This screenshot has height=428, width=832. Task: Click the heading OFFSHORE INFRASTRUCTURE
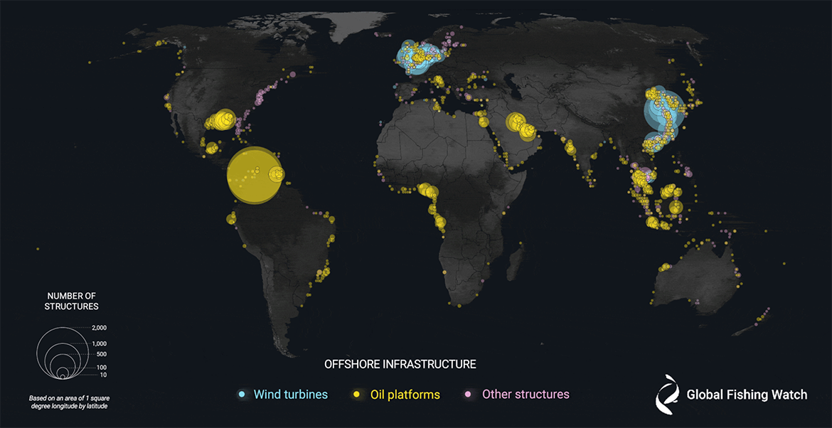tap(400, 364)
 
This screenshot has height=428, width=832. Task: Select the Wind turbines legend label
tap(291, 394)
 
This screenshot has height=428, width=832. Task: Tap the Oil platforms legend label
tap(405, 394)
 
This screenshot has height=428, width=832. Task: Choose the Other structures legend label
tap(526, 394)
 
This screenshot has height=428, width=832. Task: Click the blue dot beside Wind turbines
tap(242, 394)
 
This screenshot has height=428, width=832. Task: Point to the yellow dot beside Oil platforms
tap(356, 394)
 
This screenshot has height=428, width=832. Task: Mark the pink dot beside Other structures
tap(468, 394)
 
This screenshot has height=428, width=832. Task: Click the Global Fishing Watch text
tap(747, 395)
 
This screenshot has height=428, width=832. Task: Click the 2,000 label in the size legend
tap(99, 328)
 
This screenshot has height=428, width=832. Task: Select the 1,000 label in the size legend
tap(99, 343)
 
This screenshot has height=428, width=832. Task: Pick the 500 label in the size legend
tap(100, 353)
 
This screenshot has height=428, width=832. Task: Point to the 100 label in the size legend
tap(101, 367)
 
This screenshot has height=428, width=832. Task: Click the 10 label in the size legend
tap(102, 375)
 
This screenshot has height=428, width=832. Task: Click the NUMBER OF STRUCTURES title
tap(71, 301)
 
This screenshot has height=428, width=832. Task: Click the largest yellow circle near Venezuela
tap(254, 175)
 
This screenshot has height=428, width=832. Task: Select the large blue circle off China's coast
tap(663, 112)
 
